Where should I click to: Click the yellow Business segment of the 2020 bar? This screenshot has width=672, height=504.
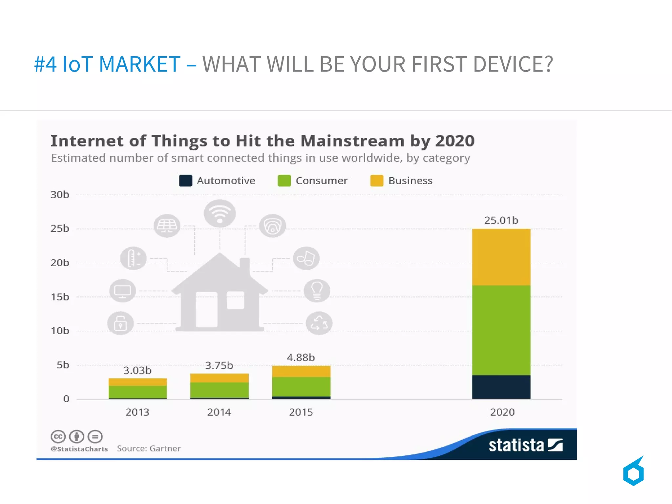(x=501, y=257)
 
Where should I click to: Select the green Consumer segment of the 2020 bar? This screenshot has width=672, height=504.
(x=501, y=330)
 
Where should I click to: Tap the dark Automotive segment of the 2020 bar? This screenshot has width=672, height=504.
(x=501, y=387)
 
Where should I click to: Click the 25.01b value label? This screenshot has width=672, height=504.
(x=501, y=220)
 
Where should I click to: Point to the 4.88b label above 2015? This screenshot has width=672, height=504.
(x=301, y=357)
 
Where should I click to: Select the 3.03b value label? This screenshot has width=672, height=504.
(x=137, y=370)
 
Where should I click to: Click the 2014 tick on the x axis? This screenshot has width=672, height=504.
(x=219, y=412)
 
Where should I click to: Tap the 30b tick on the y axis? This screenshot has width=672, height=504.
(x=60, y=195)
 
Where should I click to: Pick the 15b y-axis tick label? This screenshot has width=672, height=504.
(x=60, y=297)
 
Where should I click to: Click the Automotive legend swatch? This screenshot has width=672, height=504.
(x=185, y=181)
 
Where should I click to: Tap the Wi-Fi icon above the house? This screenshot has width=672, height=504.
(x=220, y=213)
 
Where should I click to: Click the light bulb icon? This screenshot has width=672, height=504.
(x=317, y=291)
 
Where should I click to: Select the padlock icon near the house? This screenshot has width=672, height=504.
(x=120, y=323)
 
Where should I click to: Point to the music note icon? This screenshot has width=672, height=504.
(x=306, y=258)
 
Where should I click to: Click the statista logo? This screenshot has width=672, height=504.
(x=525, y=445)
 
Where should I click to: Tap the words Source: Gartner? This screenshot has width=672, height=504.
(x=149, y=449)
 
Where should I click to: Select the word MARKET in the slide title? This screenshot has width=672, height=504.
(x=139, y=64)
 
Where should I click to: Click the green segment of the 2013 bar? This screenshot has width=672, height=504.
(x=137, y=392)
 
